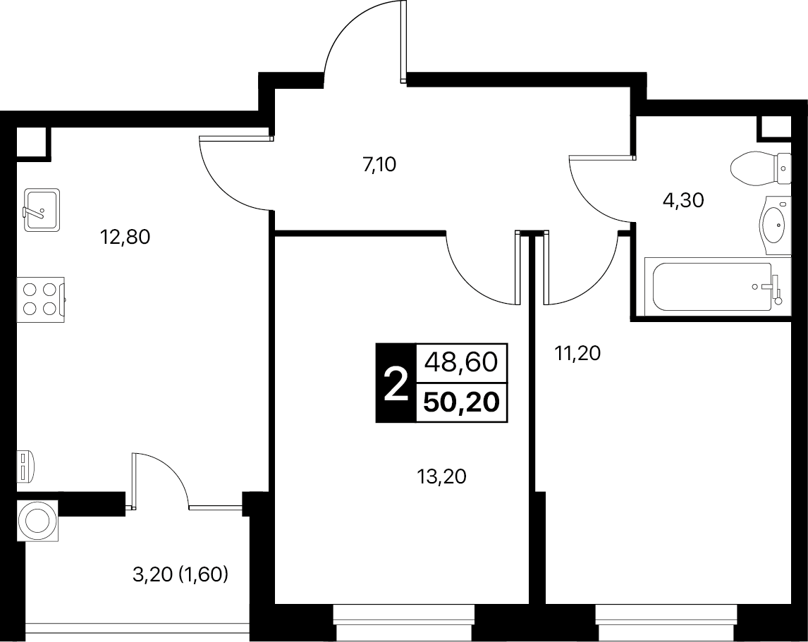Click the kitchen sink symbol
(42, 209)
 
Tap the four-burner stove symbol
(41, 300)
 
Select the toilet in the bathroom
(761, 168)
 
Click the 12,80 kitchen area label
(126, 237)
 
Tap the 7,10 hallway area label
(380, 165)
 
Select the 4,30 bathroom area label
(683, 200)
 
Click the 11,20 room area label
(577, 354)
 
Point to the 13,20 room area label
(441, 477)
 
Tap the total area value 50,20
(462, 402)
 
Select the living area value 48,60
(461, 362)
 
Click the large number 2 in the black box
(396, 384)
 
